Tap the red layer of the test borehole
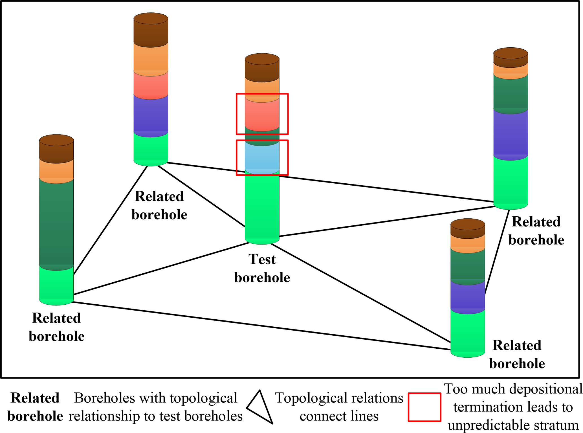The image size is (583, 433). pos(262,114)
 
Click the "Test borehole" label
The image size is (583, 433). pos(262,268)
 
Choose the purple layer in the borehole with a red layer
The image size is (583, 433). pos(151,114)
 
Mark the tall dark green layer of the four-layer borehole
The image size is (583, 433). pos(56,223)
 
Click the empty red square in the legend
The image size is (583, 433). pos(424,407)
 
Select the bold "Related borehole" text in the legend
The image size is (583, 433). pos(35,407)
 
